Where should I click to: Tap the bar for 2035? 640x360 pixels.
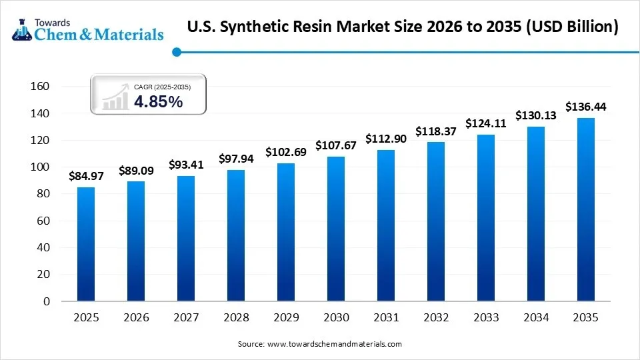pos(585,209)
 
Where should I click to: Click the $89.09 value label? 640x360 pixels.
pos(136,171)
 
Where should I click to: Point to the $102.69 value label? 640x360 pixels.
pos(286,152)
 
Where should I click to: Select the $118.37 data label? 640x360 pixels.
pos(435,131)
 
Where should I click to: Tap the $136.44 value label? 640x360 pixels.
pos(585,107)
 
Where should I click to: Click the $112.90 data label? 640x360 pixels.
pos(385,139)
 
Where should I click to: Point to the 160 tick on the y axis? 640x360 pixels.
pos(41,87)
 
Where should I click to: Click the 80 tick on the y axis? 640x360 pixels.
pos(44,194)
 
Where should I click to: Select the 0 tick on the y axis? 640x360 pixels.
pos(47,301)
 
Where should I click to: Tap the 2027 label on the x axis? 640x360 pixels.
pos(186,318)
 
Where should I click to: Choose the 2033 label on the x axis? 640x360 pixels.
pos(485,318)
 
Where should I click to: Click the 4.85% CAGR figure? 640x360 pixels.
pos(158,101)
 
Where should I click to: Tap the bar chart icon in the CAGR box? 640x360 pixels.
pos(115,98)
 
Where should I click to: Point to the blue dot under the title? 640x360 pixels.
pos(177,51)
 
